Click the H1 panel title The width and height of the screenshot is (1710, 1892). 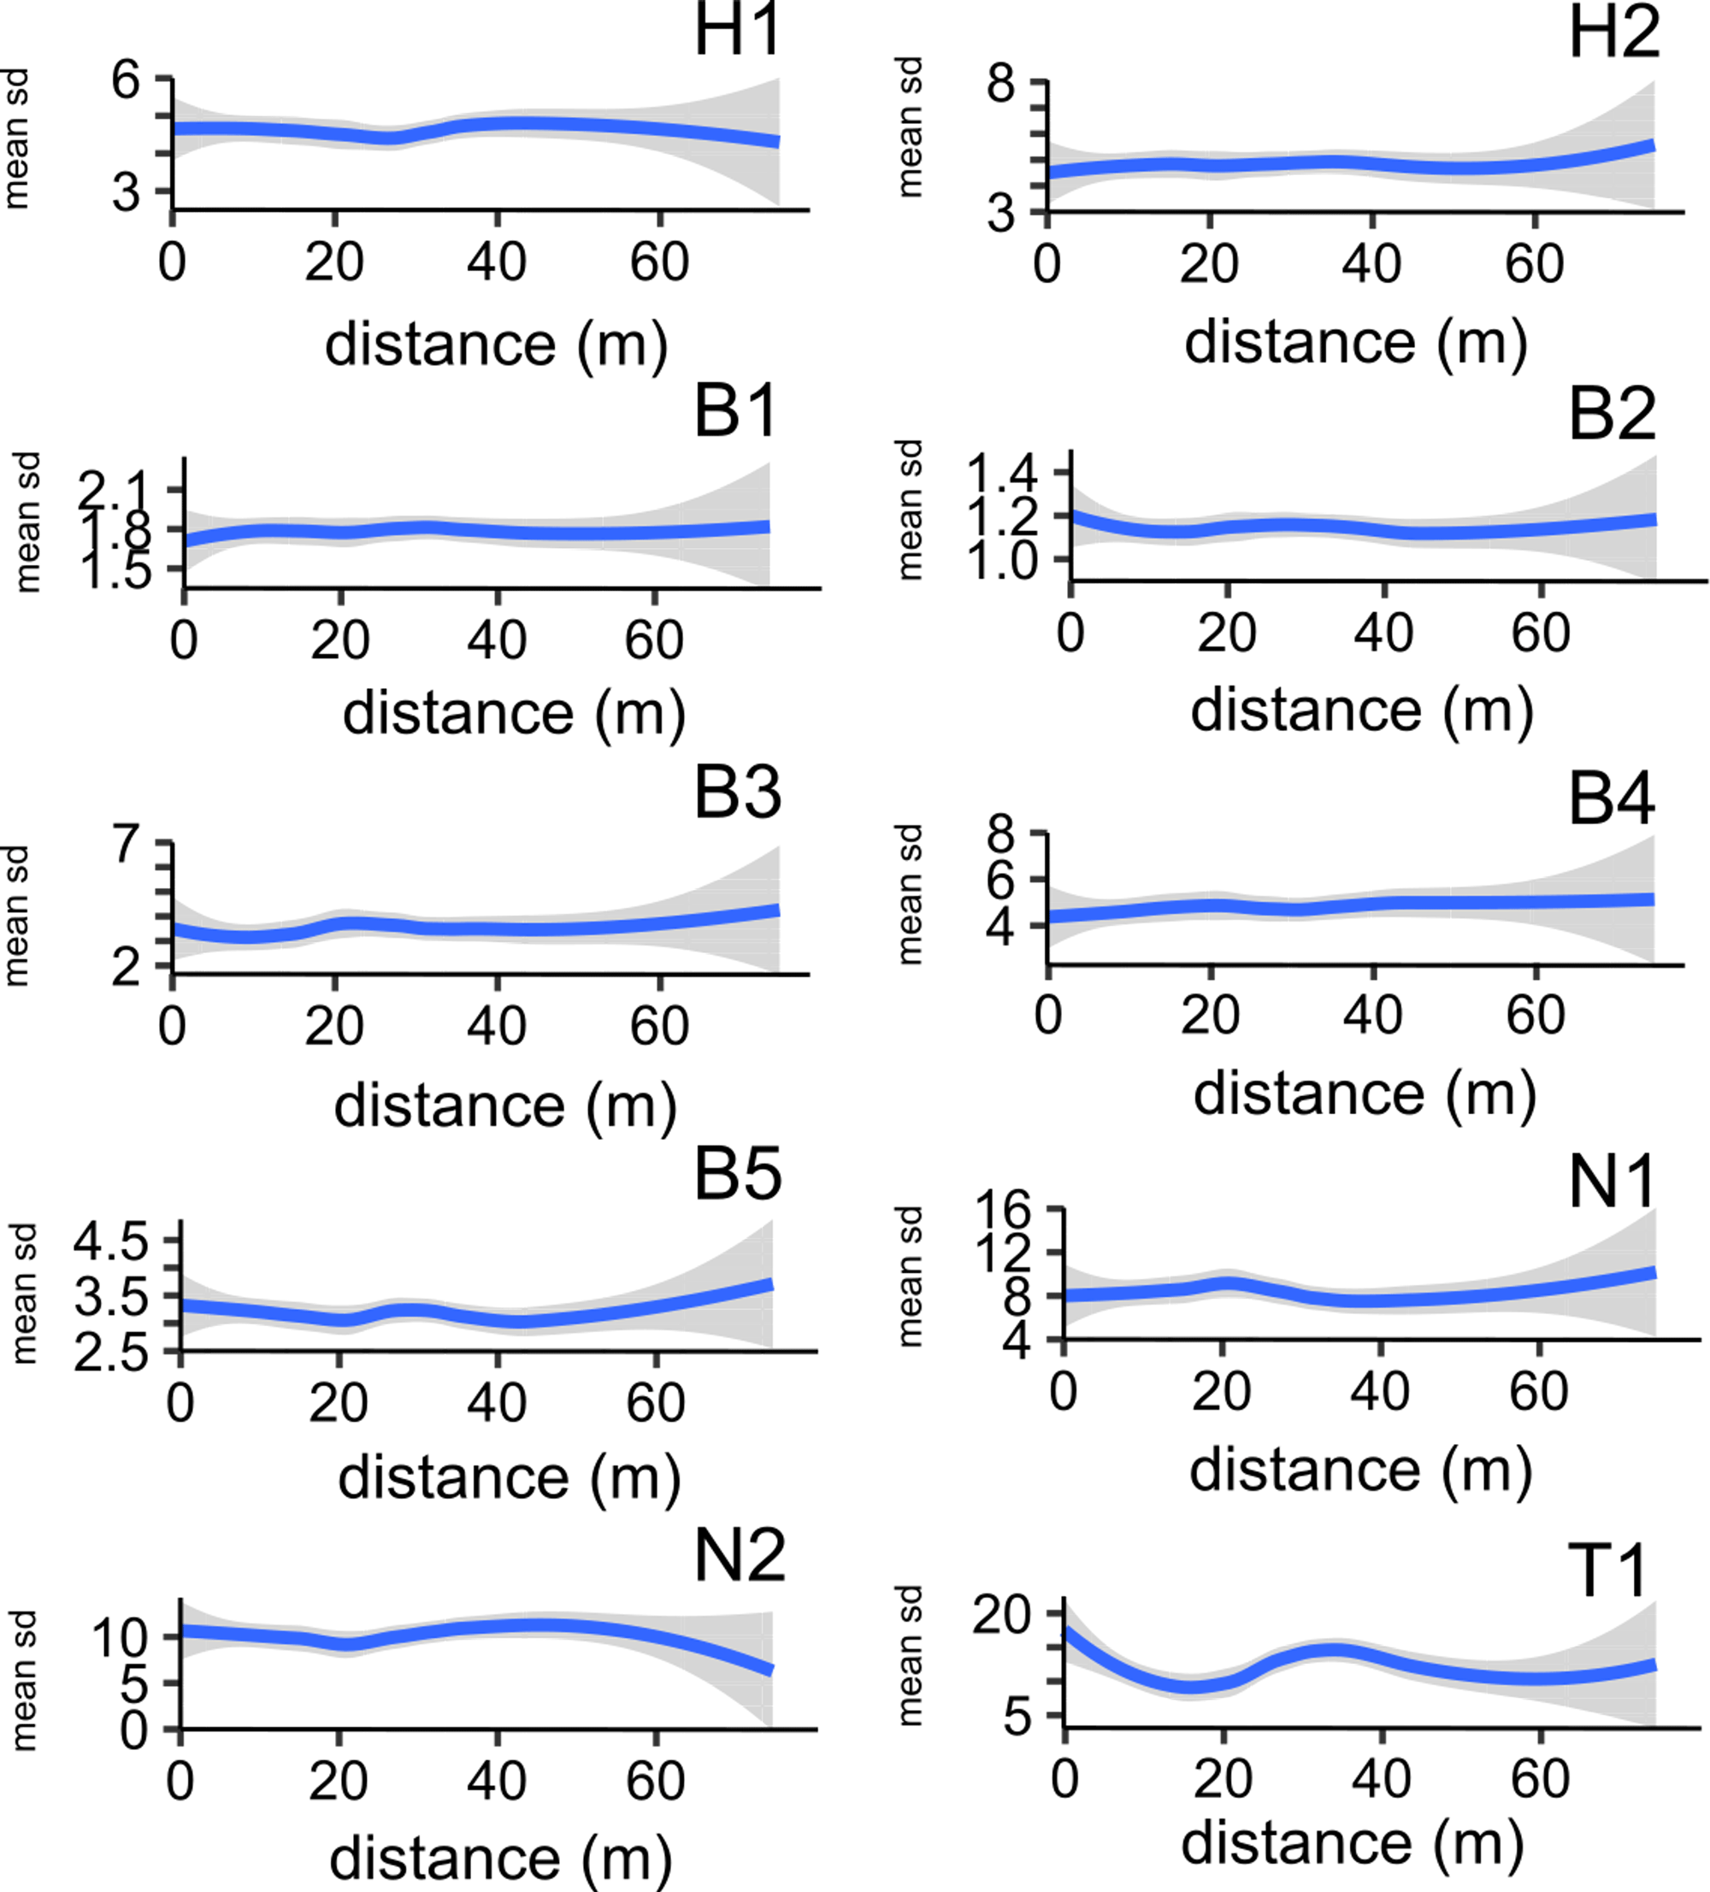click(x=738, y=30)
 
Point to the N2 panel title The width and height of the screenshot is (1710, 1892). click(x=740, y=1555)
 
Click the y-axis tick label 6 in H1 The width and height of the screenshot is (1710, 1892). click(x=126, y=80)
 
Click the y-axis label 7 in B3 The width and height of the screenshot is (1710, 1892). click(x=127, y=844)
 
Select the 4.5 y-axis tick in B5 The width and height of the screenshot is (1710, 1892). click(x=112, y=1241)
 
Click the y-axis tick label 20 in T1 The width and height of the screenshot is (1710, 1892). click(x=1001, y=1615)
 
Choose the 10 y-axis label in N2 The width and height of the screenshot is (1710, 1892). click(x=121, y=1639)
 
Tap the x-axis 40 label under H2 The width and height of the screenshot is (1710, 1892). click(x=1371, y=265)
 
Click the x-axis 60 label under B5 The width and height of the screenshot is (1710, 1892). click(x=655, y=1403)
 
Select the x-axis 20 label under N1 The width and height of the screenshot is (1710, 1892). click(x=1221, y=1391)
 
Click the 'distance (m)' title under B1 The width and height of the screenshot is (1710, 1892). click(x=513, y=714)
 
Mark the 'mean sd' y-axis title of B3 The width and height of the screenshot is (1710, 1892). click(x=16, y=916)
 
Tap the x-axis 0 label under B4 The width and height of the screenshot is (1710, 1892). click(x=1048, y=1015)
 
